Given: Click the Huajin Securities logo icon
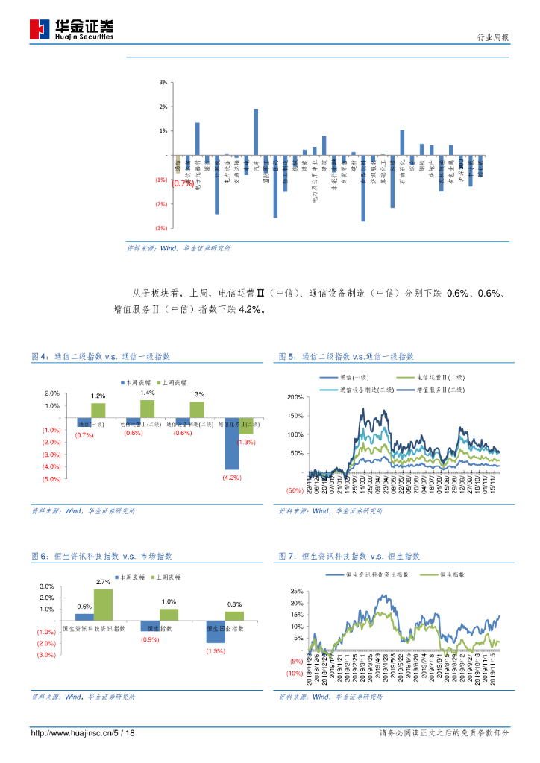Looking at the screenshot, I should point(40,29).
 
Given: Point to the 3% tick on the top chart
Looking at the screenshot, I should point(163,82).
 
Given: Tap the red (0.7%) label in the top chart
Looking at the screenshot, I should point(183,183).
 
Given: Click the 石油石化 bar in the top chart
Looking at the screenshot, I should point(402,142).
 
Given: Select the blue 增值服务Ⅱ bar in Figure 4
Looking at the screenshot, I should point(233,444).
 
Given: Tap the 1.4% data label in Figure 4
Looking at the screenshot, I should point(147,393).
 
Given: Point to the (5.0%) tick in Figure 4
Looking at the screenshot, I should point(51,479).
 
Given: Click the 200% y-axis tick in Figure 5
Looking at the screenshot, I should point(295,397).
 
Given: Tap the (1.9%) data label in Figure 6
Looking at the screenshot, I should point(216,652).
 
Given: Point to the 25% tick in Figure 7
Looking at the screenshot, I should point(296,590).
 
